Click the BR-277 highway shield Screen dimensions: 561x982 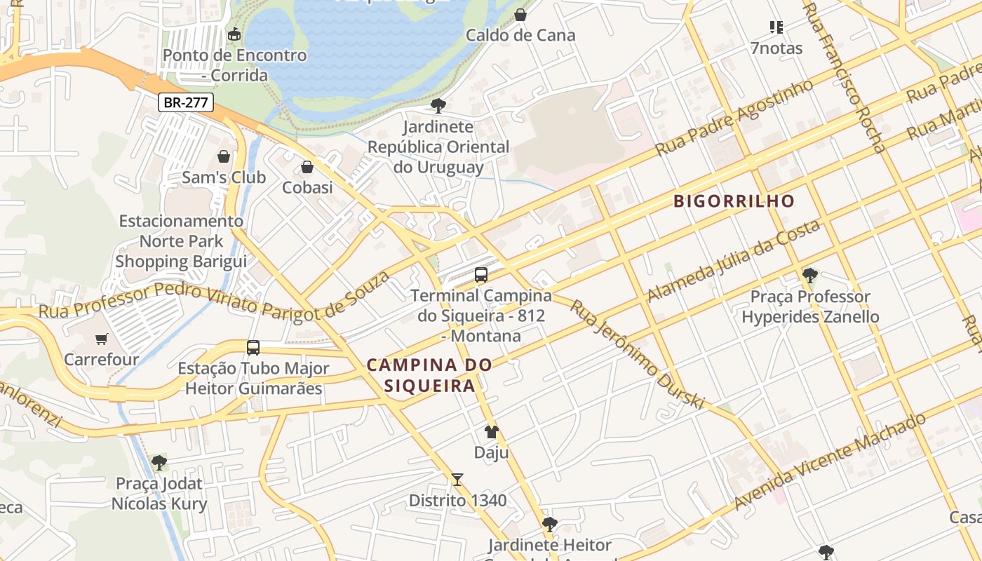[x=186, y=102]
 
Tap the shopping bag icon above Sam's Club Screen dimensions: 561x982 [x=224, y=156]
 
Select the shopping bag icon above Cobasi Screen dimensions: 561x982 [x=307, y=167]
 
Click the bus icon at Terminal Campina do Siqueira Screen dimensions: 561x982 [x=481, y=275]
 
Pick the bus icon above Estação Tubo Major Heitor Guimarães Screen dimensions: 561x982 [x=253, y=347]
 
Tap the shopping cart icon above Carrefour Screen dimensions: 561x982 [x=102, y=339]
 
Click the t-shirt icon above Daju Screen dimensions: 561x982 [x=491, y=432]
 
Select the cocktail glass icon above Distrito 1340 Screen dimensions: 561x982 [x=457, y=480]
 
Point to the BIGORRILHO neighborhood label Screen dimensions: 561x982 [x=734, y=201]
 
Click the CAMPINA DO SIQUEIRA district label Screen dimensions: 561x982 [x=429, y=375]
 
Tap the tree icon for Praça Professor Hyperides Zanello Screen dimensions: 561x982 [x=810, y=275]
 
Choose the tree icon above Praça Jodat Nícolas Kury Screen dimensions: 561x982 [x=159, y=463]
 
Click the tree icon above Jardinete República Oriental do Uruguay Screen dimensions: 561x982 [x=438, y=106]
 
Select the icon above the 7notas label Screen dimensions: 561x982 [x=776, y=27]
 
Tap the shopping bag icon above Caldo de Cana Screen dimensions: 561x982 [x=520, y=15]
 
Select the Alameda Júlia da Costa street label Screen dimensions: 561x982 [x=733, y=261]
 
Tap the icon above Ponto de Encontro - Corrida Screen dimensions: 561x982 [x=234, y=34]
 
